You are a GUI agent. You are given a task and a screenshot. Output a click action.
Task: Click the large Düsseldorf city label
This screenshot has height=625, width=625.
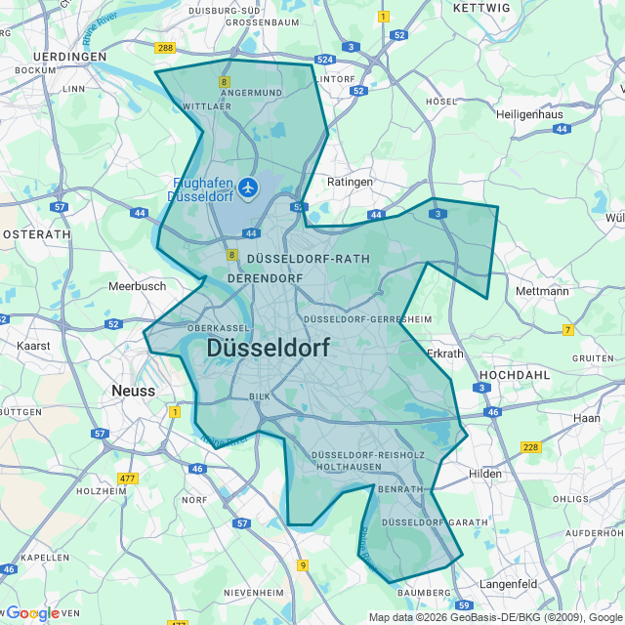[x=268, y=349]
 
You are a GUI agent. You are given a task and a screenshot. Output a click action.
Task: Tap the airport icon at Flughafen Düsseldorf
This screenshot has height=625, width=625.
[x=248, y=186]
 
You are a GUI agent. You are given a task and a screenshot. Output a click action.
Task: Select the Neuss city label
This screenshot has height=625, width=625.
[x=134, y=391]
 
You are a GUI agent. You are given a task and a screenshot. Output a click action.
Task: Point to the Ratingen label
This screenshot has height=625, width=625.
[x=350, y=182]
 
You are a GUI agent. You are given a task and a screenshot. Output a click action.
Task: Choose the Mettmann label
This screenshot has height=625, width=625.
[x=542, y=291]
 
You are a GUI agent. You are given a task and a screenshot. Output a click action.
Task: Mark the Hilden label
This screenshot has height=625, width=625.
[x=484, y=474]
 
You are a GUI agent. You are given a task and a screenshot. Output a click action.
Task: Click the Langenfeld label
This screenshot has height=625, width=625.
[x=508, y=583]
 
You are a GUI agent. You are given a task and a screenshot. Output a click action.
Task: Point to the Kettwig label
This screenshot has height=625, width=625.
[x=482, y=8]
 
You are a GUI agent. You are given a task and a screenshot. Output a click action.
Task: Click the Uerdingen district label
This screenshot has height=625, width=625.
[x=68, y=57]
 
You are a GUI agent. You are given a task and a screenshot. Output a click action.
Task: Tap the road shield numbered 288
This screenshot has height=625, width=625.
[x=164, y=48]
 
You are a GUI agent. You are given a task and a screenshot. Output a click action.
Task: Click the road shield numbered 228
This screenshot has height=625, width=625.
[x=530, y=447]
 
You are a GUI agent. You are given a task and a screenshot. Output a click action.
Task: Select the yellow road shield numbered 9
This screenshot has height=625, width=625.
[x=303, y=565]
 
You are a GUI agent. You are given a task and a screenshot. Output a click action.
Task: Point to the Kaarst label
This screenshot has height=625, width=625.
[x=34, y=346]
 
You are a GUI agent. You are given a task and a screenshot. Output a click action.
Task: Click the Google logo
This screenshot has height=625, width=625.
[x=32, y=613]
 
